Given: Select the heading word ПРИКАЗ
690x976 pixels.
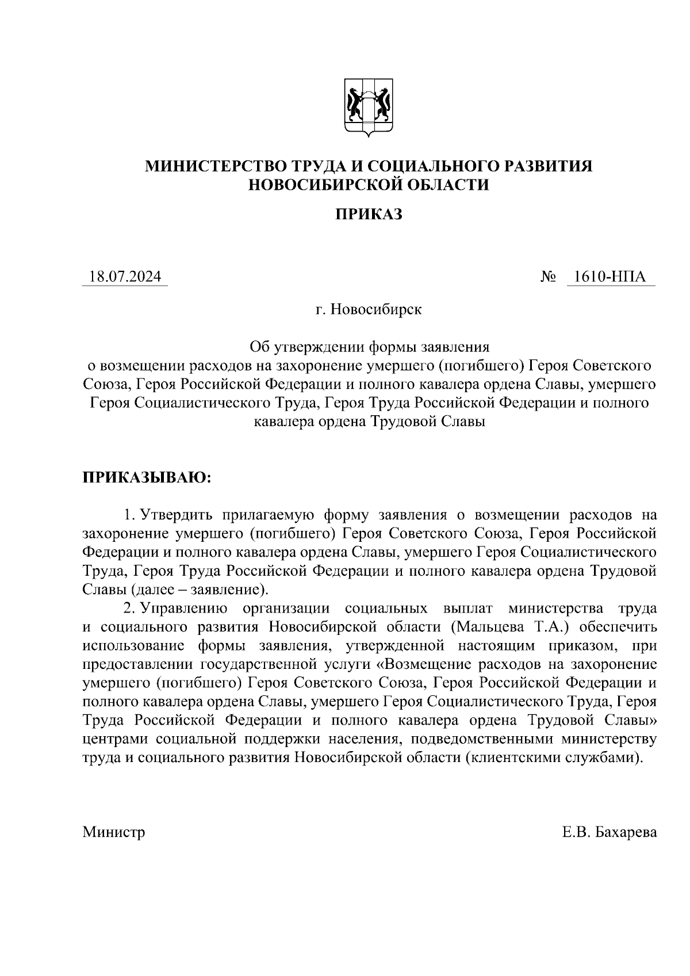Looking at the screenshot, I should tap(369, 215).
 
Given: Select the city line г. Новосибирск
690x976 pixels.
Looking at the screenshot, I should tap(369, 310).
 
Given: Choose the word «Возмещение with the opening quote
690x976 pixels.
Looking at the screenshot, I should tap(424, 665).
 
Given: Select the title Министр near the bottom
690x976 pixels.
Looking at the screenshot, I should tap(114, 832).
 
